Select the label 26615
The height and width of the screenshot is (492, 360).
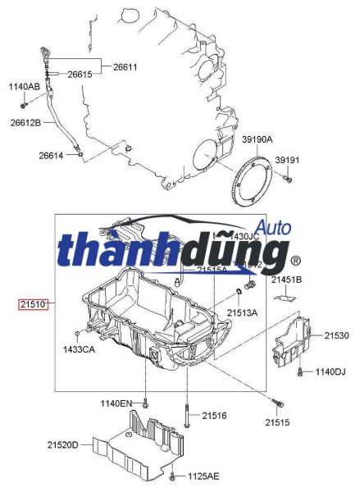tap(80, 75)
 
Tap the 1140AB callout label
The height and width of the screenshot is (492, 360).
tap(24, 86)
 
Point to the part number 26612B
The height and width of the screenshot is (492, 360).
tap(25, 123)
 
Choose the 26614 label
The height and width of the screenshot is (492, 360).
tap(52, 155)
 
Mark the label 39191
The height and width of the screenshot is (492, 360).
tap(287, 160)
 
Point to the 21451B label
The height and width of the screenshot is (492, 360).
tap(287, 280)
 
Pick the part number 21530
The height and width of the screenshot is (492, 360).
tap(336, 335)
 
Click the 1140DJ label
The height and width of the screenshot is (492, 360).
tap(330, 372)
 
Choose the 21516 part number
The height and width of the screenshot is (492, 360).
tap(214, 417)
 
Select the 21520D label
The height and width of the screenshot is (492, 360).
tap(62, 444)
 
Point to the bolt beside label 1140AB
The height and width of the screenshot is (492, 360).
tap(24, 105)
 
